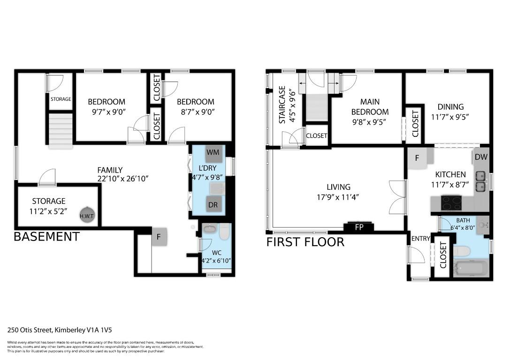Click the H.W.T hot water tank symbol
pos(87,214)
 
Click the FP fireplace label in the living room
pos(359,227)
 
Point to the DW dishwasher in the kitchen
pos(481,157)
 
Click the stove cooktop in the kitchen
pos(452,202)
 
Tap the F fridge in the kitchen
pos(417,158)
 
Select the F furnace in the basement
pos(159,237)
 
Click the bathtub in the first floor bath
pos(471,270)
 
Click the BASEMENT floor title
pos(46,237)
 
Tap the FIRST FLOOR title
pos(305,242)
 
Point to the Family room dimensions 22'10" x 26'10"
pos(110,179)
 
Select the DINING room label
pos(450,107)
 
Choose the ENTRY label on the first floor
pos(420,239)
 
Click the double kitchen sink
pos(480,182)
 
